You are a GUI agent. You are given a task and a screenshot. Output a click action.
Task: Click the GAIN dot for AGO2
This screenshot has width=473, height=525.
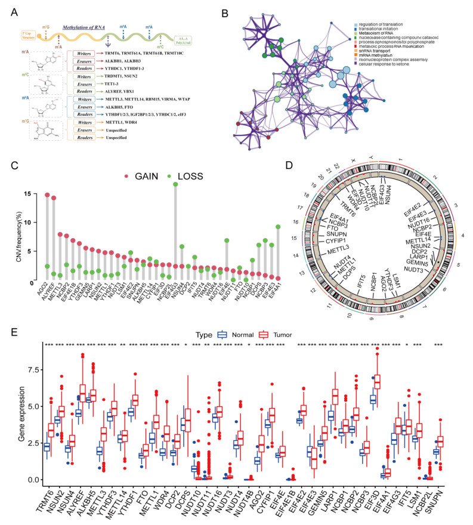click(47, 195)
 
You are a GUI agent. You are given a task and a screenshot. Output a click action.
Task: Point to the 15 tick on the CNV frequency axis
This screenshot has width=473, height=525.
click(32, 194)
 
